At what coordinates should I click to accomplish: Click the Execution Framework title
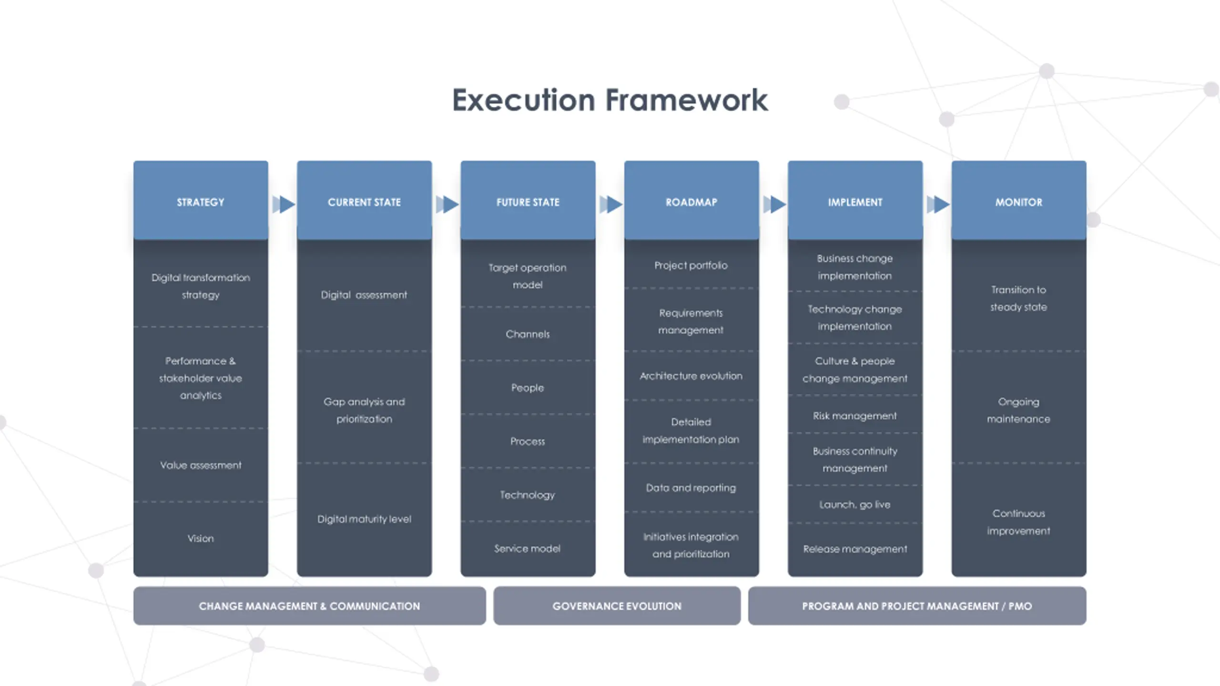610,100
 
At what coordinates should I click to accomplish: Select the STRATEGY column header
201,202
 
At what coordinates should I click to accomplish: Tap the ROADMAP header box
691,202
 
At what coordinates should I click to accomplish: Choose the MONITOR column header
1018,202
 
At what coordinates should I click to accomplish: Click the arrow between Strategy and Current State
284,204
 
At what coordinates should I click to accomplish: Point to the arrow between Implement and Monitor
938,204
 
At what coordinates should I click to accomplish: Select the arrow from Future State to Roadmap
611,204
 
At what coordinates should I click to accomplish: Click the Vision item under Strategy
201,538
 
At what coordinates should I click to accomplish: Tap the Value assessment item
201,465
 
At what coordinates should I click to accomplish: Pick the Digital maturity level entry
364,519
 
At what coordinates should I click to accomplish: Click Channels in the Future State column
528,334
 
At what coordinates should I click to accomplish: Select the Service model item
528,548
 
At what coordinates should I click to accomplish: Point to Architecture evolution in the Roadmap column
691,376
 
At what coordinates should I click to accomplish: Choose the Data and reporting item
691,488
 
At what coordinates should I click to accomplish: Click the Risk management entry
854,416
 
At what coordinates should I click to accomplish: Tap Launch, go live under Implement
854,504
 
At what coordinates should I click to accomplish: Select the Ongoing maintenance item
1018,410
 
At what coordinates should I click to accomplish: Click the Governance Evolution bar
617,606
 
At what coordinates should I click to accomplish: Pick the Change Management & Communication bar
309,606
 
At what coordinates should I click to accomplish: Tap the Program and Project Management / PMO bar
917,606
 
